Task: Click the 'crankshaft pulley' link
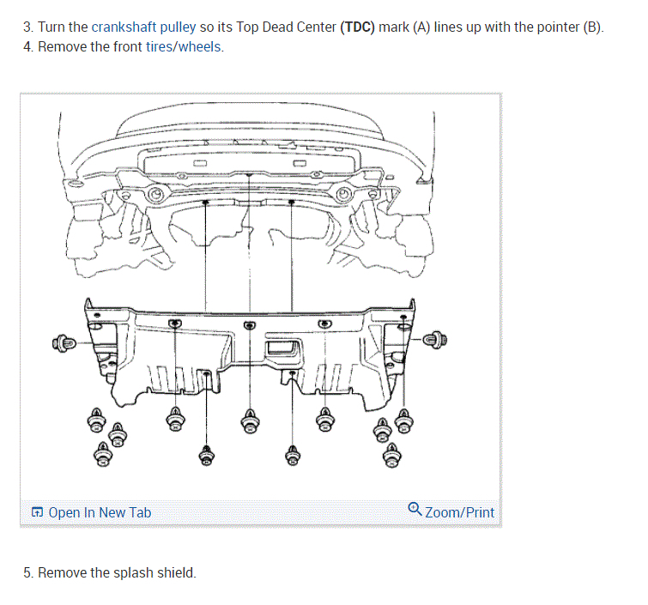coord(144,27)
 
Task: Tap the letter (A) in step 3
coord(421,27)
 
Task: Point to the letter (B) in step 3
coord(592,27)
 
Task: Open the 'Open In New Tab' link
coord(100,512)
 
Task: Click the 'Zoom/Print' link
coord(459,512)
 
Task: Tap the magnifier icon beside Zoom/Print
coord(415,511)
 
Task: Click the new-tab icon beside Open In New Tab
coord(37,513)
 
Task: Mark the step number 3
coord(27,27)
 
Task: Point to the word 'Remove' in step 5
coord(62,572)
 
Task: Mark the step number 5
coord(27,572)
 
